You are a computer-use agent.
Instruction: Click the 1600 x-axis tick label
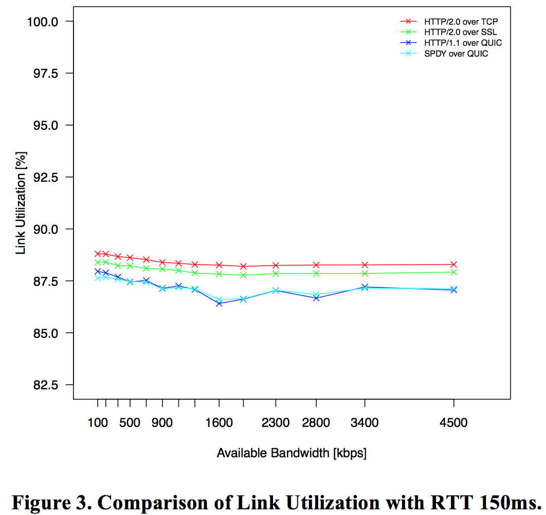pos(219,423)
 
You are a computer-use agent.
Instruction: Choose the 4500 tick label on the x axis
pos(454,423)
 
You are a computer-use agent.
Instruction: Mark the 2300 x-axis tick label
pos(276,423)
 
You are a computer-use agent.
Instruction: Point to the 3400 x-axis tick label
pos(365,423)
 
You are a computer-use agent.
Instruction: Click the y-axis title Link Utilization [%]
pos(21,203)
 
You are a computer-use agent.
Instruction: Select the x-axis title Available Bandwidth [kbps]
pos(292,453)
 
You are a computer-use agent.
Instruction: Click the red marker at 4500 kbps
pos(454,264)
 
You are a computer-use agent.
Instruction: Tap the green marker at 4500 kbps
pos(454,272)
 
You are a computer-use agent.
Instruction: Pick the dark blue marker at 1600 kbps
pos(219,303)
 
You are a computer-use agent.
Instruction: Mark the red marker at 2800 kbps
pos(316,265)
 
